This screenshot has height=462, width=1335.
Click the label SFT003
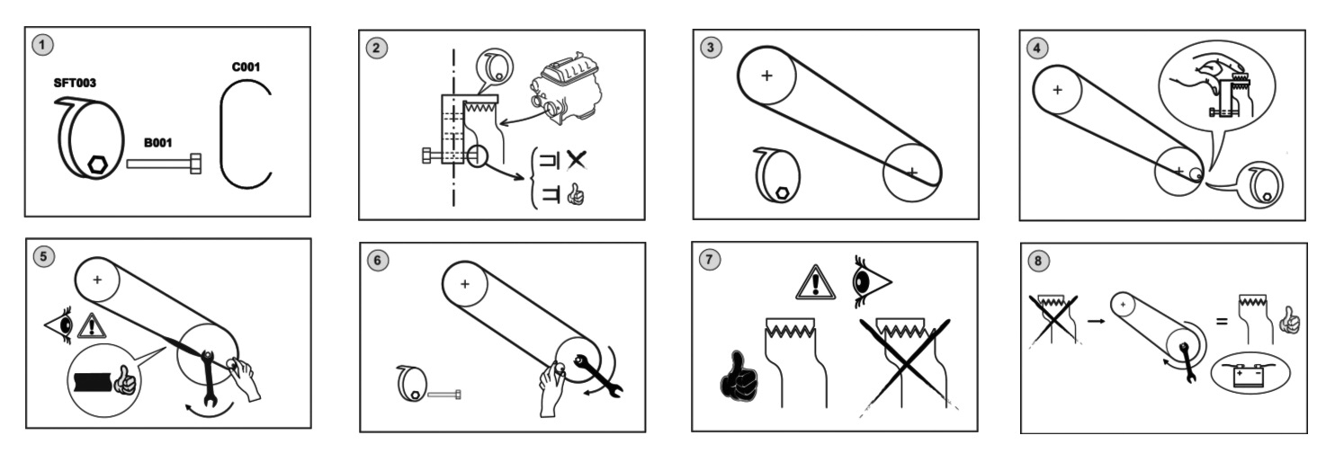[76, 83]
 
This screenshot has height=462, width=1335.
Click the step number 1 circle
[40, 43]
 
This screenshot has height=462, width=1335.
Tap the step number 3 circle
[712, 48]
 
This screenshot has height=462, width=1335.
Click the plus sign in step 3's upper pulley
[766, 76]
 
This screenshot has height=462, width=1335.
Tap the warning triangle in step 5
[91, 324]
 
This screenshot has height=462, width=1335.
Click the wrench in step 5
[209, 378]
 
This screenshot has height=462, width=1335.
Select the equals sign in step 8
[1222, 317]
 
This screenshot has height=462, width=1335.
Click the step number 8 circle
[1040, 261]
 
